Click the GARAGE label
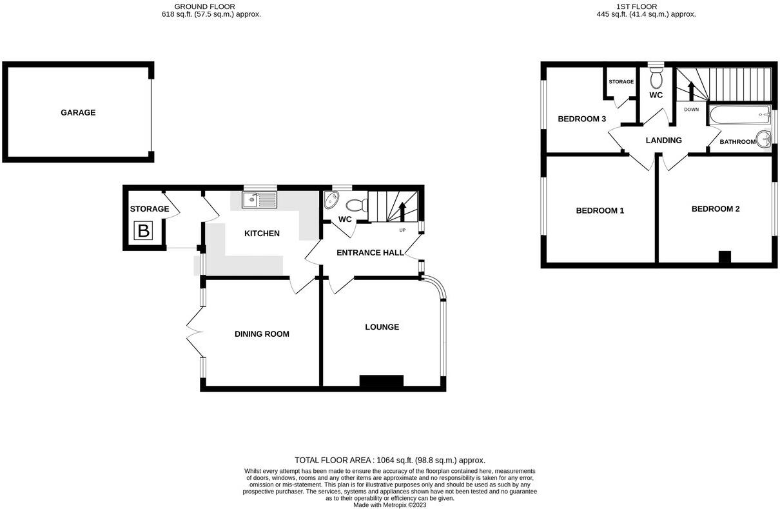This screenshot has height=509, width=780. [x=78, y=112]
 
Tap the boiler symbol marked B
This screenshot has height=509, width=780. [x=143, y=231]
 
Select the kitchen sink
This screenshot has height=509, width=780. [x=259, y=200]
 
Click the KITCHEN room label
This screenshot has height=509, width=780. [x=262, y=233]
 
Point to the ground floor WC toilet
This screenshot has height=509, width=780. [x=356, y=206]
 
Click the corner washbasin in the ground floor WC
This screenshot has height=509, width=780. [x=331, y=199]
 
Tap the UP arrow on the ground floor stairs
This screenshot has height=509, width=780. [x=403, y=212]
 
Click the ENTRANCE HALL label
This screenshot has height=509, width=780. [x=369, y=253]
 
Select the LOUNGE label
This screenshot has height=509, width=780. [x=382, y=327]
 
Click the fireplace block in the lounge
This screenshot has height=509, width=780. [x=381, y=381]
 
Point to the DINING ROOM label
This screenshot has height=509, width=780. [x=262, y=334]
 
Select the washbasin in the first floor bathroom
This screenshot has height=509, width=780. [x=765, y=138]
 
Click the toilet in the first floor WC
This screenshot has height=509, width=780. [x=656, y=79]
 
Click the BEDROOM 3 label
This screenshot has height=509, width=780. [x=581, y=119]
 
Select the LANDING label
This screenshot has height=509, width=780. [x=663, y=140]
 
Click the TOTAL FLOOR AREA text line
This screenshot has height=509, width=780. [x=389, y=460]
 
